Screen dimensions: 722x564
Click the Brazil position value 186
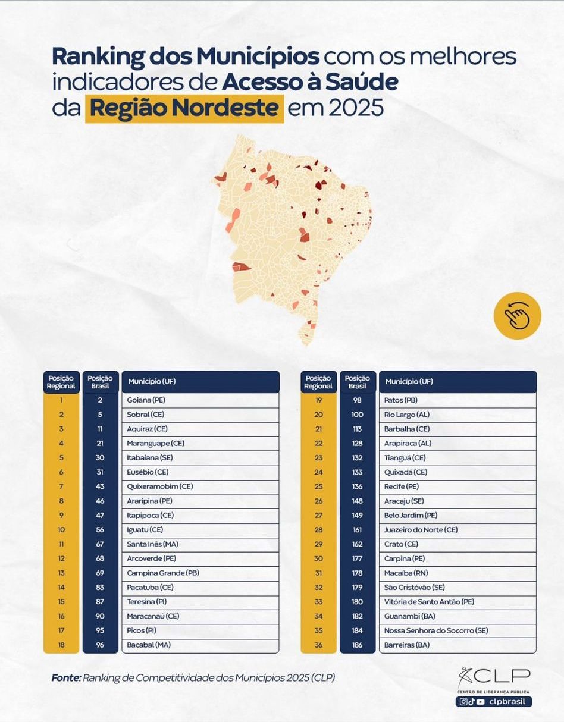pos(358,645)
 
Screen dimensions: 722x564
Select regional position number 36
pos(318,645)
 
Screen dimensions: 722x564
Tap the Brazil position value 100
pos(358,415)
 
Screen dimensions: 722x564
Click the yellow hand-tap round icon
pos(517,315)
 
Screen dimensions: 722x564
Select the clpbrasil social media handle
pos(509,702)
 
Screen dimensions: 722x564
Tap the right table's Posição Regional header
pos(318,382)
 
